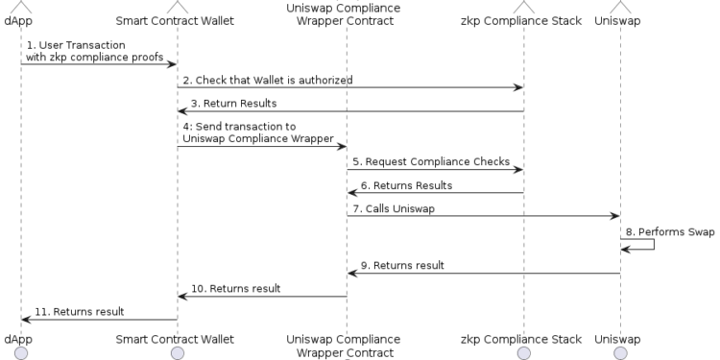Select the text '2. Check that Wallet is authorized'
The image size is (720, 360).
[267, 80]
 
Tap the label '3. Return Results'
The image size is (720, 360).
[233, 103]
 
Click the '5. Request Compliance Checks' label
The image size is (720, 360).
[430, 161]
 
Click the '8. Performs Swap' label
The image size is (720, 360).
[670, 231]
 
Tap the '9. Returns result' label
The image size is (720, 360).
[402, 265]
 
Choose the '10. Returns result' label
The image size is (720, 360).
[235, 288]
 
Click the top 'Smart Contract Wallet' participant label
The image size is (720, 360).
[177, 20]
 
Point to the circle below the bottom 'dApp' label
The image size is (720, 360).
[20, 353]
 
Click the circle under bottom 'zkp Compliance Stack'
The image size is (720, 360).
[523, 353]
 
